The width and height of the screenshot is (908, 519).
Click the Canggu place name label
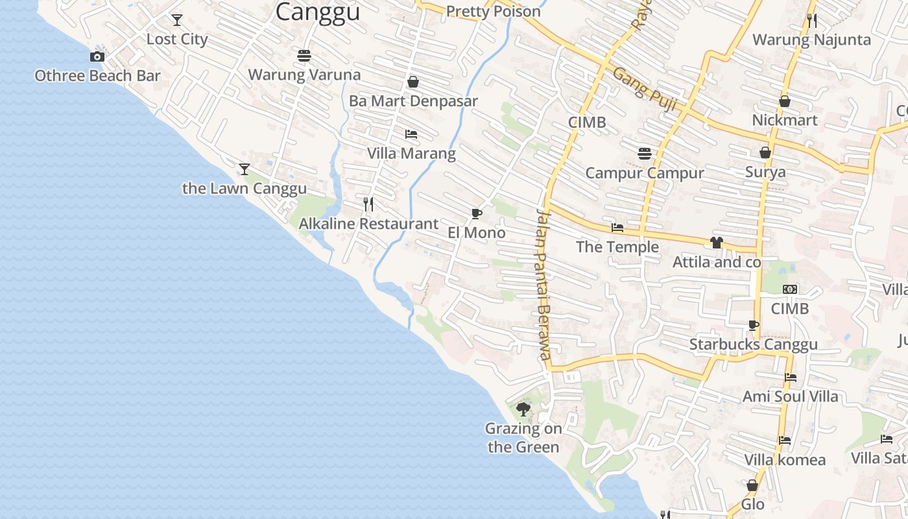(317, 12)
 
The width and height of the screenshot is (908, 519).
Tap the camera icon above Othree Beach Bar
(97, 57)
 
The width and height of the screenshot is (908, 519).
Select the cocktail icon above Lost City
(176, 20)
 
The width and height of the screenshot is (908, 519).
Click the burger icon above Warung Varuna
(304, 56)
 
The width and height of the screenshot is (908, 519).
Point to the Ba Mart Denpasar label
(413, 101)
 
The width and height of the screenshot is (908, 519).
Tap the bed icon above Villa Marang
(411, 134)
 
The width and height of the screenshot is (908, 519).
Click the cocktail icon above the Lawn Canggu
(244, 169)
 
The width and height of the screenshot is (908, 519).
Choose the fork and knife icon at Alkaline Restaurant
(368, 204)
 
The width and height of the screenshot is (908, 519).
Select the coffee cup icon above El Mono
(477, 213)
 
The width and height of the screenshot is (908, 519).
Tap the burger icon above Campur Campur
(644, 154)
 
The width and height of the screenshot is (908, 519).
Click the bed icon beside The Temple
(617, 228)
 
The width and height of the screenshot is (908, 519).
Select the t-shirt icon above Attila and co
(716, 243)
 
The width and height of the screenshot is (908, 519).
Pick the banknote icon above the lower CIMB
(789, 289)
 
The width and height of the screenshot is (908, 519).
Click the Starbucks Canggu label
(753, 344)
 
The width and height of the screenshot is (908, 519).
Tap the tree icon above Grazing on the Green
(523, 409)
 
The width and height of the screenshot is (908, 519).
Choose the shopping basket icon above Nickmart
(784, 101)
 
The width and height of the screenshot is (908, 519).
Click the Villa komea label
(785, 461)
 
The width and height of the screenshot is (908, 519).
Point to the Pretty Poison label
(494, 12)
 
